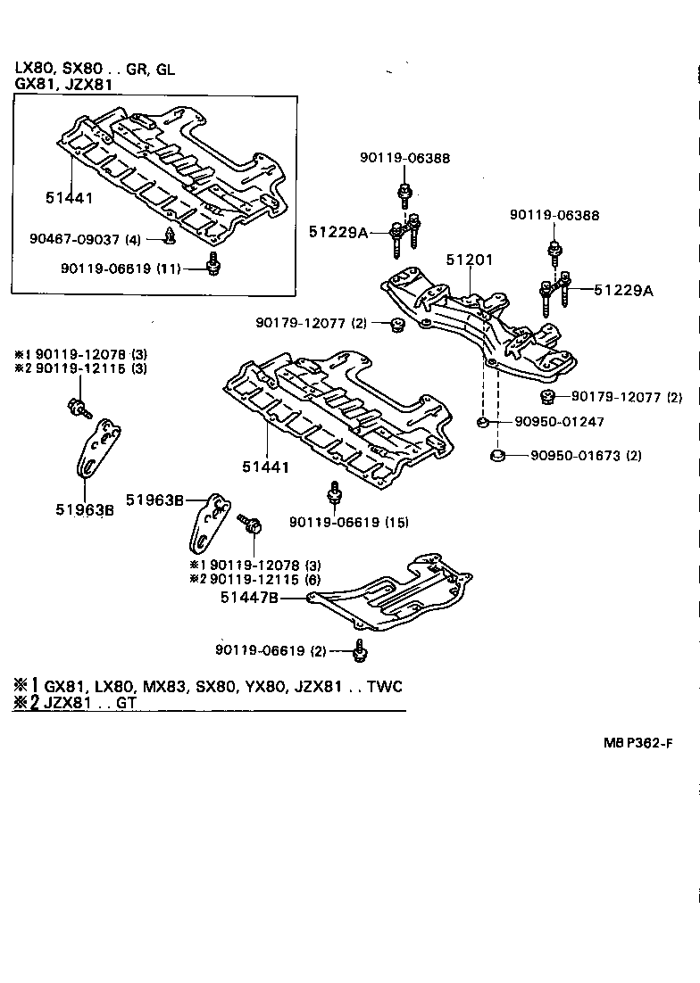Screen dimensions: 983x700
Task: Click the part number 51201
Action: tap(470, 260)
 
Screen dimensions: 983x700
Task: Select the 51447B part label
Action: tap(249, 599)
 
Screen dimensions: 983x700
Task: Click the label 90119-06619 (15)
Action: tap(349, 522)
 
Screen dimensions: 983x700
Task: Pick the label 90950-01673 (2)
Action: tap(586, 455)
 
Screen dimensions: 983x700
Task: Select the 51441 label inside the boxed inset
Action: tap(70, 198)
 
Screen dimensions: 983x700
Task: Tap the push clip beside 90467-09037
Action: tap(169, 237)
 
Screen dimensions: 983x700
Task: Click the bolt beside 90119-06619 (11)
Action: tap(212, 265)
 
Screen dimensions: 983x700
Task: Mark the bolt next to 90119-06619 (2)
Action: tap(360, 651)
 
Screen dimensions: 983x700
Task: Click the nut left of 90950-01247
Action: tap(481, 422)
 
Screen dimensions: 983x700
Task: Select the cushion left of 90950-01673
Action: tap(498, 457)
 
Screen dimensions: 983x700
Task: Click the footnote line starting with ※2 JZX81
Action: tap(75, 703)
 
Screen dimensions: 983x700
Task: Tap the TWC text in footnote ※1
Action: tap(384, 686)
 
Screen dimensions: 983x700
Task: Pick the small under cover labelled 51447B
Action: tap(393, 599)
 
